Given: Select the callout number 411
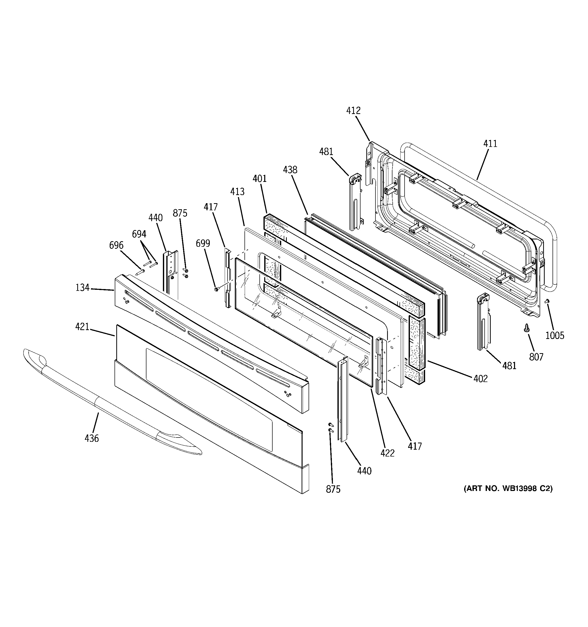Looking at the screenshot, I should point(490,144).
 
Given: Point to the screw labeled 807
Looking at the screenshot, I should point(526,328).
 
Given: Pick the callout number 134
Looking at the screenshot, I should point(82,288).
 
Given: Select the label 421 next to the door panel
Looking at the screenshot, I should point(82,327).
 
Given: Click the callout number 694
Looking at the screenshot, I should point(139,234).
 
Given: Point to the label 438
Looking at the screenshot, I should point(290,170).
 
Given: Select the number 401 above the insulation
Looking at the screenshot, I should point(259,179).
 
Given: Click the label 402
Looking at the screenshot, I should point(480,379).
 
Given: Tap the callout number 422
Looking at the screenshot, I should point(387,453).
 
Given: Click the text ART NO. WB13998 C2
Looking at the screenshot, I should point(508,488).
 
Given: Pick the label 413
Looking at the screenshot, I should point(237,192).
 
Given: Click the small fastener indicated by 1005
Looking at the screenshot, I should point(547,301).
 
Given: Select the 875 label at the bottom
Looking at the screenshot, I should point(333,489).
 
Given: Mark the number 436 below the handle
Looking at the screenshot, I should point(91,439).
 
